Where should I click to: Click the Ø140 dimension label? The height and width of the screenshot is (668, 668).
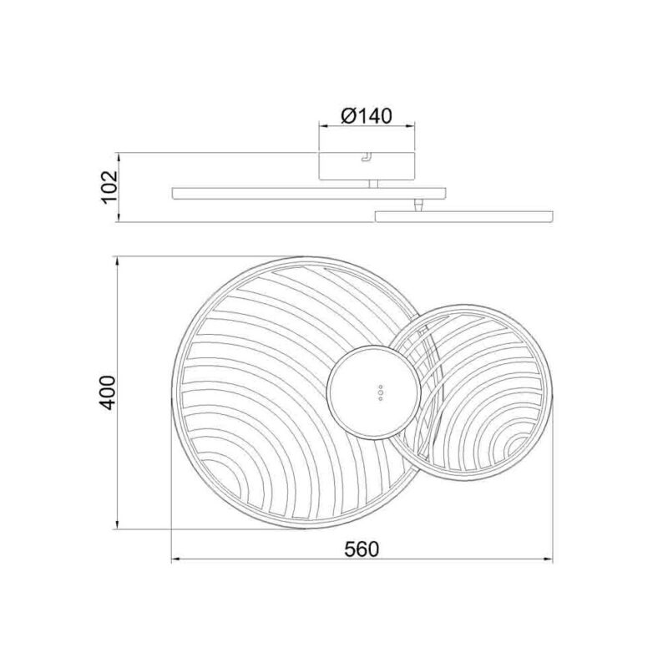366,115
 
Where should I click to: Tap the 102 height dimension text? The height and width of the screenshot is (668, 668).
109,187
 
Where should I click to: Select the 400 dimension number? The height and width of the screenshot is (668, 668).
107,392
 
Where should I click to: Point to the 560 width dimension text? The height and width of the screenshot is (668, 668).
362,549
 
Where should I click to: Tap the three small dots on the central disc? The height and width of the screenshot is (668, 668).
381,393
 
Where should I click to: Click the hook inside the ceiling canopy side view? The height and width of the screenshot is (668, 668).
366,157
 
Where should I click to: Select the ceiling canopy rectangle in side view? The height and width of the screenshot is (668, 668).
367,165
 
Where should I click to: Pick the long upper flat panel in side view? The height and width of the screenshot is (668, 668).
309,193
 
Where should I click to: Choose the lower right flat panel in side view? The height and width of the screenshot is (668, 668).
464,215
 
